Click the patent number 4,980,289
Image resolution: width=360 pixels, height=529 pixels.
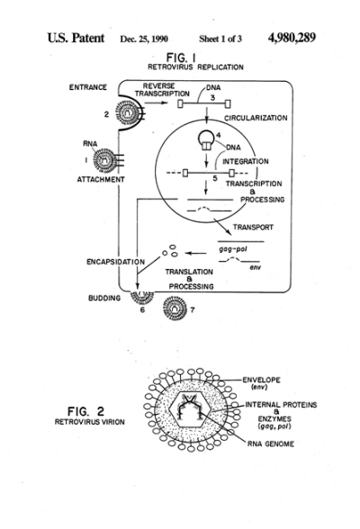coord(292,38)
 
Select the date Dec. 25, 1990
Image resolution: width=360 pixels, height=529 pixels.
coord(144,40)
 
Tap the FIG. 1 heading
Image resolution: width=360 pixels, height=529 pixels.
coord(181,57)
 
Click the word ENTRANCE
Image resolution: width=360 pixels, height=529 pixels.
coord(88,87)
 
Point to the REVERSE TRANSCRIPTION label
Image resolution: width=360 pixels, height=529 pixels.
coord(162,90)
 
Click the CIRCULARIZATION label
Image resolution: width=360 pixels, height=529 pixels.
coord(256,118)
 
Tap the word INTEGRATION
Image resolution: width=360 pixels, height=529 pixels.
coord(246,161)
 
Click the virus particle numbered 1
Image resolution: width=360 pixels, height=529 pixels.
coord(105,159)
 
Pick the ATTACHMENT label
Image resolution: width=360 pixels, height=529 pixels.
coord(101,180)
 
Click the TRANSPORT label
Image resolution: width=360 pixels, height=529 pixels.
coord(253,228)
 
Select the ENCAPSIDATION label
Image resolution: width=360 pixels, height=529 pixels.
coord(116,262)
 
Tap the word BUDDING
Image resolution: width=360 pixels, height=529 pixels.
coord(104,299)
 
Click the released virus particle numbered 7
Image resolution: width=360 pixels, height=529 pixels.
coord(175,308)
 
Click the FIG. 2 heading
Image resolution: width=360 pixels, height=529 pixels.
coord(86,412)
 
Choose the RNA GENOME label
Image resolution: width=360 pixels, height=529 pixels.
coord(271,444)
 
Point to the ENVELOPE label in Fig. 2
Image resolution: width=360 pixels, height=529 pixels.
coord(261,380)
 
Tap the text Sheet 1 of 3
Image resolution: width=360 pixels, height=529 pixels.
coord(220,40)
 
